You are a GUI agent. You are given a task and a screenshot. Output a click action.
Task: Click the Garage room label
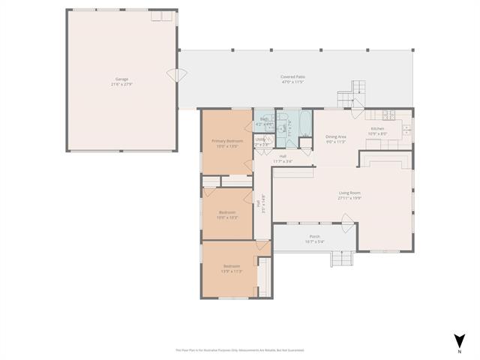click(121, 79)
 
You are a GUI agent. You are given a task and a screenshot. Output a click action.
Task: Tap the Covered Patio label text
click(292, 76)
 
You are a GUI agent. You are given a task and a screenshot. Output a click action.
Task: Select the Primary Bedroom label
click(224, 141)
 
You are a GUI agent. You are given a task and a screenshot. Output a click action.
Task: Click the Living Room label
click(349, 193)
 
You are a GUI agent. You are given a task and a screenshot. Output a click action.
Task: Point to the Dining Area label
click(335, 136)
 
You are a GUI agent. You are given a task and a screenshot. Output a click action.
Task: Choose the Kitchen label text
click(376, 128)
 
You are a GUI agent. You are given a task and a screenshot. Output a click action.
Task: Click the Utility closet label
click(259, 139)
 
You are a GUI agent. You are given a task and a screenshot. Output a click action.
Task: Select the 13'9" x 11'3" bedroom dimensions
click(231, 271)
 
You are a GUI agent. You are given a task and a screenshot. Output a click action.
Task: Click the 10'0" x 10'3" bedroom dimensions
click(228, 217)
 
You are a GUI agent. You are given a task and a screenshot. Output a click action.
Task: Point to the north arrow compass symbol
click(458, 341)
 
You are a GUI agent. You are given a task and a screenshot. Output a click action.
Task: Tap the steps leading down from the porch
click(342, 258)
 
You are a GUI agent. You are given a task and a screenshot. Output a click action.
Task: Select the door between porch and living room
click(347, 220)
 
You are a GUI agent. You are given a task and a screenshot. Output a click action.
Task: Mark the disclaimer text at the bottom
click(240, 349)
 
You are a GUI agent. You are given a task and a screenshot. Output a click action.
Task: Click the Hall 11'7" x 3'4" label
click(282, 159)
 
